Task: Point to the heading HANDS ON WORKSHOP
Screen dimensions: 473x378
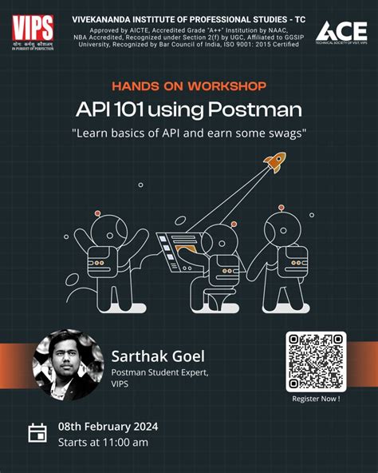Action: tap(189, 85)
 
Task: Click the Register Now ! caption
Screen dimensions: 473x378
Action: tap(316, 398)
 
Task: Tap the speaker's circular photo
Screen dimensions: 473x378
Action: tap(68, 364)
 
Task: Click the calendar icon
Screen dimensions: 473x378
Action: tap(37, 433)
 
